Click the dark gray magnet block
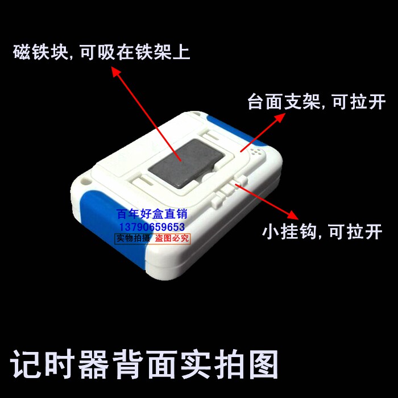pos(186,163)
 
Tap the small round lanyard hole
pos(85,181)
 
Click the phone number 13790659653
pos(152,227)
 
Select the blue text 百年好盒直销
pos(152,214)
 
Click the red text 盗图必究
pos(172,238)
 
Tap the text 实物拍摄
pos(133,238)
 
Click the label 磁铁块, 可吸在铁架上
pos(102,52)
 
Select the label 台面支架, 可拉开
pos(317,102)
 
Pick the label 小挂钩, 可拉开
pos(322,231)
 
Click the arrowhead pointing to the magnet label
pos(116,72)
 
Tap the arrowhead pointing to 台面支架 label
pos(280,118)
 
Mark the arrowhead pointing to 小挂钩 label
pos(293,215)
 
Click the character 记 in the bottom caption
pos(26,364)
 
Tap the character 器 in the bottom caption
pos(93,364)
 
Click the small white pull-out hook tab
pos(229,191)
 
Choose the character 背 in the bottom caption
pos(127,364)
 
